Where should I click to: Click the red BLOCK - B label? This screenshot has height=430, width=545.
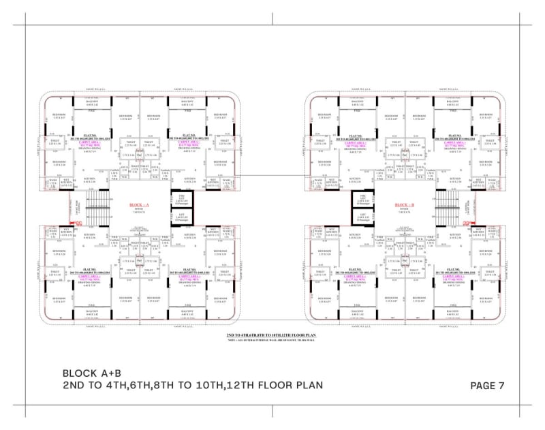pyautogui.click(x=404, y=204)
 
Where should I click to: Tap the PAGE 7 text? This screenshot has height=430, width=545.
pyautogui.click(x=487, y=385)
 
